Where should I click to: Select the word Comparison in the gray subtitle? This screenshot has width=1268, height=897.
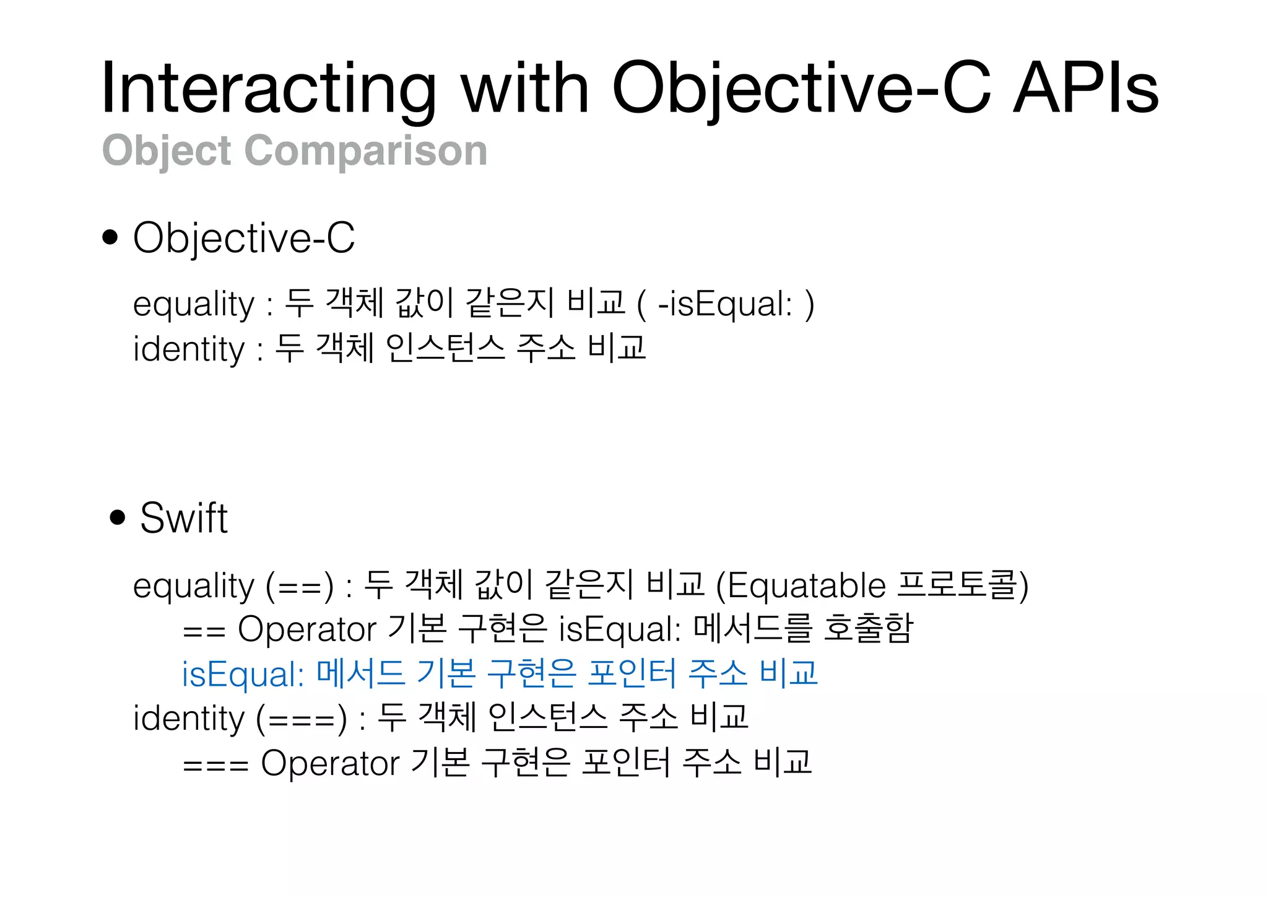click(x=366, y=151)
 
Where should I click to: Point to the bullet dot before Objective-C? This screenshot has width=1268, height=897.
click(x=110, y=237)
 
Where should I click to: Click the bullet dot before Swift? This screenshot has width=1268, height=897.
click(x=117, y=517)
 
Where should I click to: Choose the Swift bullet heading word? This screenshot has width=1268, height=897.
click(x=184, y=517)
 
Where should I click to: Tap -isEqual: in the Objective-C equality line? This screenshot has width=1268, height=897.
click(x=725, y=304)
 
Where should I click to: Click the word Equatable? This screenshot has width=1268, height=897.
click(x=807, y=585)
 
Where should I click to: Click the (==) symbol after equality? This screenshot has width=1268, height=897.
click(x=300, y=585)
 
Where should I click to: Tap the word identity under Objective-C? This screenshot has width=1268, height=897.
click(x=189, y=349)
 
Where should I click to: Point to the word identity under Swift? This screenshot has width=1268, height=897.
click(x=189, y=719)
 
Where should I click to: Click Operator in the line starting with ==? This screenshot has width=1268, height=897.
click(x=307, y=629)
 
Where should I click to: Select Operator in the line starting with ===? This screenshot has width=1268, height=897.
click(x=330, y=763)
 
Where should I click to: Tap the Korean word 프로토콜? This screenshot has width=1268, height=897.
click(x=957, y=585)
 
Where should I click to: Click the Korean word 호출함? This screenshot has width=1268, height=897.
click(x=868, y=629)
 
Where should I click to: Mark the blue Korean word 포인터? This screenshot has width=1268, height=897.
click(x=632, y=674)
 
